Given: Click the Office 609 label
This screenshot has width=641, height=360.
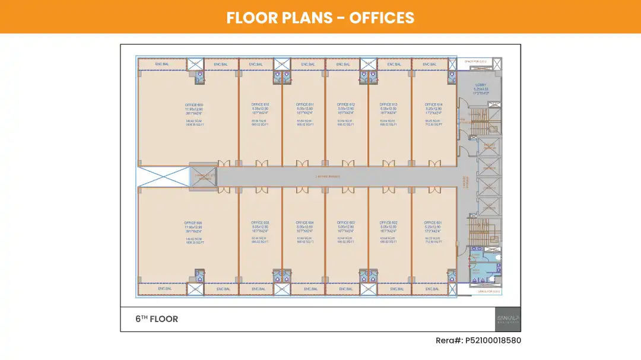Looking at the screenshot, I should tap(194, 104).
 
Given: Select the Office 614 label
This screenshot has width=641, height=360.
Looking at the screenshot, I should tap(433, 104).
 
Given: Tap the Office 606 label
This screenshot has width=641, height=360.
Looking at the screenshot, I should tap(193, 222).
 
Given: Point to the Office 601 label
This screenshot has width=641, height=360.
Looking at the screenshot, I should tap(433, 222).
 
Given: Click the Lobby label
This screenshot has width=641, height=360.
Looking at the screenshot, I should tap(480, 85).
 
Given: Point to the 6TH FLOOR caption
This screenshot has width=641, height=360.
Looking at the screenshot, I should tap(157, 319).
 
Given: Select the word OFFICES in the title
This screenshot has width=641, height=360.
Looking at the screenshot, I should tap(382, 17).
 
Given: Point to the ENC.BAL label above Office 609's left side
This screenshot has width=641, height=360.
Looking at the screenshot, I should tap(163, 63).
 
